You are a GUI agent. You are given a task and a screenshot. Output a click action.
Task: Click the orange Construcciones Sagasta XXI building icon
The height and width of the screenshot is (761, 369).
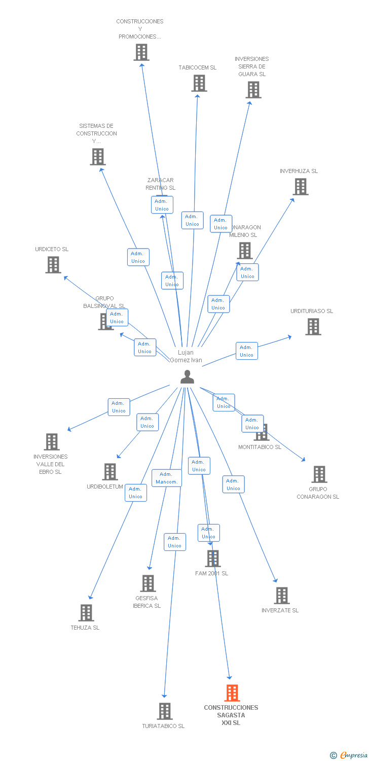click(x=232, y=693)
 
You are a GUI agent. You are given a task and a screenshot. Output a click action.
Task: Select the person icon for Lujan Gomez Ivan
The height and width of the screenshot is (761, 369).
click(x=188, y=376)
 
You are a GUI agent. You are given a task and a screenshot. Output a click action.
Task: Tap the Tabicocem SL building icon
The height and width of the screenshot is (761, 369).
click(x=199, y=83)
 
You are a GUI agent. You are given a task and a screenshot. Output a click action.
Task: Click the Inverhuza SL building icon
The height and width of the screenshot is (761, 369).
click(x=301, y=187)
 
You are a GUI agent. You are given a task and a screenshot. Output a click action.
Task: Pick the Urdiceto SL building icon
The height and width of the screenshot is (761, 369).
click(x=53, y=264)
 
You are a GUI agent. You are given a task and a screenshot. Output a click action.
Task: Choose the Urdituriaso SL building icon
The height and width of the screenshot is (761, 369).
click(x=313, y=327)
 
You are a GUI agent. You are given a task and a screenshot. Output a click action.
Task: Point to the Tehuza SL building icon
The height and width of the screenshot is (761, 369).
click(x=86, y=612)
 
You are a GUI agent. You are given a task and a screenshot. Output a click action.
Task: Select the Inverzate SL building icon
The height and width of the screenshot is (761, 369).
click(x=281, y=595)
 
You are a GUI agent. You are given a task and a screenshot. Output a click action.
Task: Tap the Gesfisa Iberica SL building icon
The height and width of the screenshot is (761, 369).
click(x=147, y=583)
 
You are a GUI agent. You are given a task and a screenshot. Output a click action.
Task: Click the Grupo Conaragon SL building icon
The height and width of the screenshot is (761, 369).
click(x=319, y=474)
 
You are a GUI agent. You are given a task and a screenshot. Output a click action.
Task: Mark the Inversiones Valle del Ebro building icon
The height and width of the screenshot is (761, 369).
click(x=51, y=441)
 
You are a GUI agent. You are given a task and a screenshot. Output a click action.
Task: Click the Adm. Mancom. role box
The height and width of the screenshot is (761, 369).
click(x=166, y=478)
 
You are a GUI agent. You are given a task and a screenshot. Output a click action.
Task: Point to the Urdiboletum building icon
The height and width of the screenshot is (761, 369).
click(x=109, y=471)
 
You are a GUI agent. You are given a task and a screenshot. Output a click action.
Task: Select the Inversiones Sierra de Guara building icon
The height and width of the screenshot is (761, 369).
click(x=253, y=90)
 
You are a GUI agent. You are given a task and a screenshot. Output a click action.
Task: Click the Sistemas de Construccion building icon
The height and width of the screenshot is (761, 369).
click(x=97, y=157)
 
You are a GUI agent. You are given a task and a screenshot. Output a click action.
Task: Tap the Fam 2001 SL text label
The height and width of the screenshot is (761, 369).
click(x=211, y=573)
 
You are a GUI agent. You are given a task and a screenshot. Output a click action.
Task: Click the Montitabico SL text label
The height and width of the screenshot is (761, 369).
click(x=260, y=447)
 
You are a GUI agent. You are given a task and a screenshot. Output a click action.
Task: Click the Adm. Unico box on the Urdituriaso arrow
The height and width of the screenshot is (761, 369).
click(x=246, y=351)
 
